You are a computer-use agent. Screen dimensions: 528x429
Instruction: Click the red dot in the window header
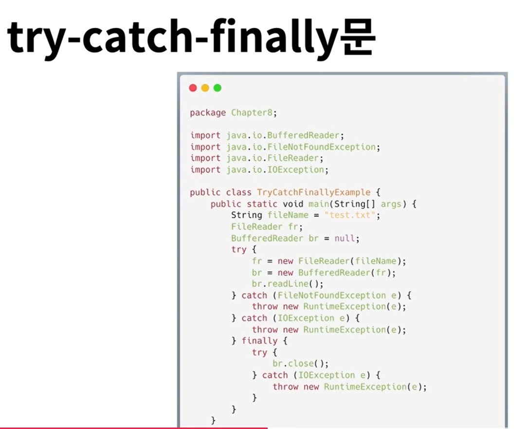[193, 88]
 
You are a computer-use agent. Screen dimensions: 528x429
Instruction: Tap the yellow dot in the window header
[205, 88]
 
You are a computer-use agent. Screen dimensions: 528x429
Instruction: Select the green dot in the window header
[218, 88]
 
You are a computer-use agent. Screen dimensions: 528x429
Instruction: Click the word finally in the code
[259, 341]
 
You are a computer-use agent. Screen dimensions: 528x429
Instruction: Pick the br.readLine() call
[288, 284]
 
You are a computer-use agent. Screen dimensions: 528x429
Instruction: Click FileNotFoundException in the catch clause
[332, 296]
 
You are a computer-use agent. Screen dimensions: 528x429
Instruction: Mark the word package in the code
[208, 113]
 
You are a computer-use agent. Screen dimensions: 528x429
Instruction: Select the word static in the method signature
[262, 204]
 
